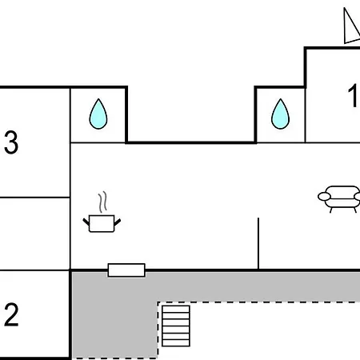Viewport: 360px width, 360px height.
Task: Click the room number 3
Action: [x=11, y=142]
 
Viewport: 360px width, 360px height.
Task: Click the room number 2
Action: [x=11, y=314]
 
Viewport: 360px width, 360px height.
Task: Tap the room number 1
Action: [x=353, y=95]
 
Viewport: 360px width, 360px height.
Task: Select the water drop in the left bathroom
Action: [x=98, y=114]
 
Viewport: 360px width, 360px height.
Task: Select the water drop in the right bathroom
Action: [x=280, y=114]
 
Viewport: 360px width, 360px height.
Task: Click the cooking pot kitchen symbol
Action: [x=102, y=223]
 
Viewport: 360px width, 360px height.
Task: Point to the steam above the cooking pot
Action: [x=102, y=202]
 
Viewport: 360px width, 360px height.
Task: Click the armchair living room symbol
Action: [x=339, y=199]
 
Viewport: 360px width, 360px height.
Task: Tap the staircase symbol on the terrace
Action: [x=176, y=326]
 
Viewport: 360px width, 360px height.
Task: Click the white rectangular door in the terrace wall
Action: [x=126, y=270]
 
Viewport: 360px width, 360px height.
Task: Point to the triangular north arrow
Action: [x=352, y=26]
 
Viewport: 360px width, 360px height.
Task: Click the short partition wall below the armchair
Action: [x=258, y=243]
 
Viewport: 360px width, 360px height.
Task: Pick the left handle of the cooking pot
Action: [x=86, y=222]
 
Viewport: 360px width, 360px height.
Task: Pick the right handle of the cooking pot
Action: [x=118, y=222]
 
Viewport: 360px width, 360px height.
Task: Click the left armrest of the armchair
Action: [x=324, y=197]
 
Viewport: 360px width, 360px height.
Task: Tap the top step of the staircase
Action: [x=176, y=309]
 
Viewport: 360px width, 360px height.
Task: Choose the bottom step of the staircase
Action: [x=176, y=343]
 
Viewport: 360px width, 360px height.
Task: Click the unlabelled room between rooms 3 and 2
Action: [x=34, y=234]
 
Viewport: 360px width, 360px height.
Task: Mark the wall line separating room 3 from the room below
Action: [x=34, y=198]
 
